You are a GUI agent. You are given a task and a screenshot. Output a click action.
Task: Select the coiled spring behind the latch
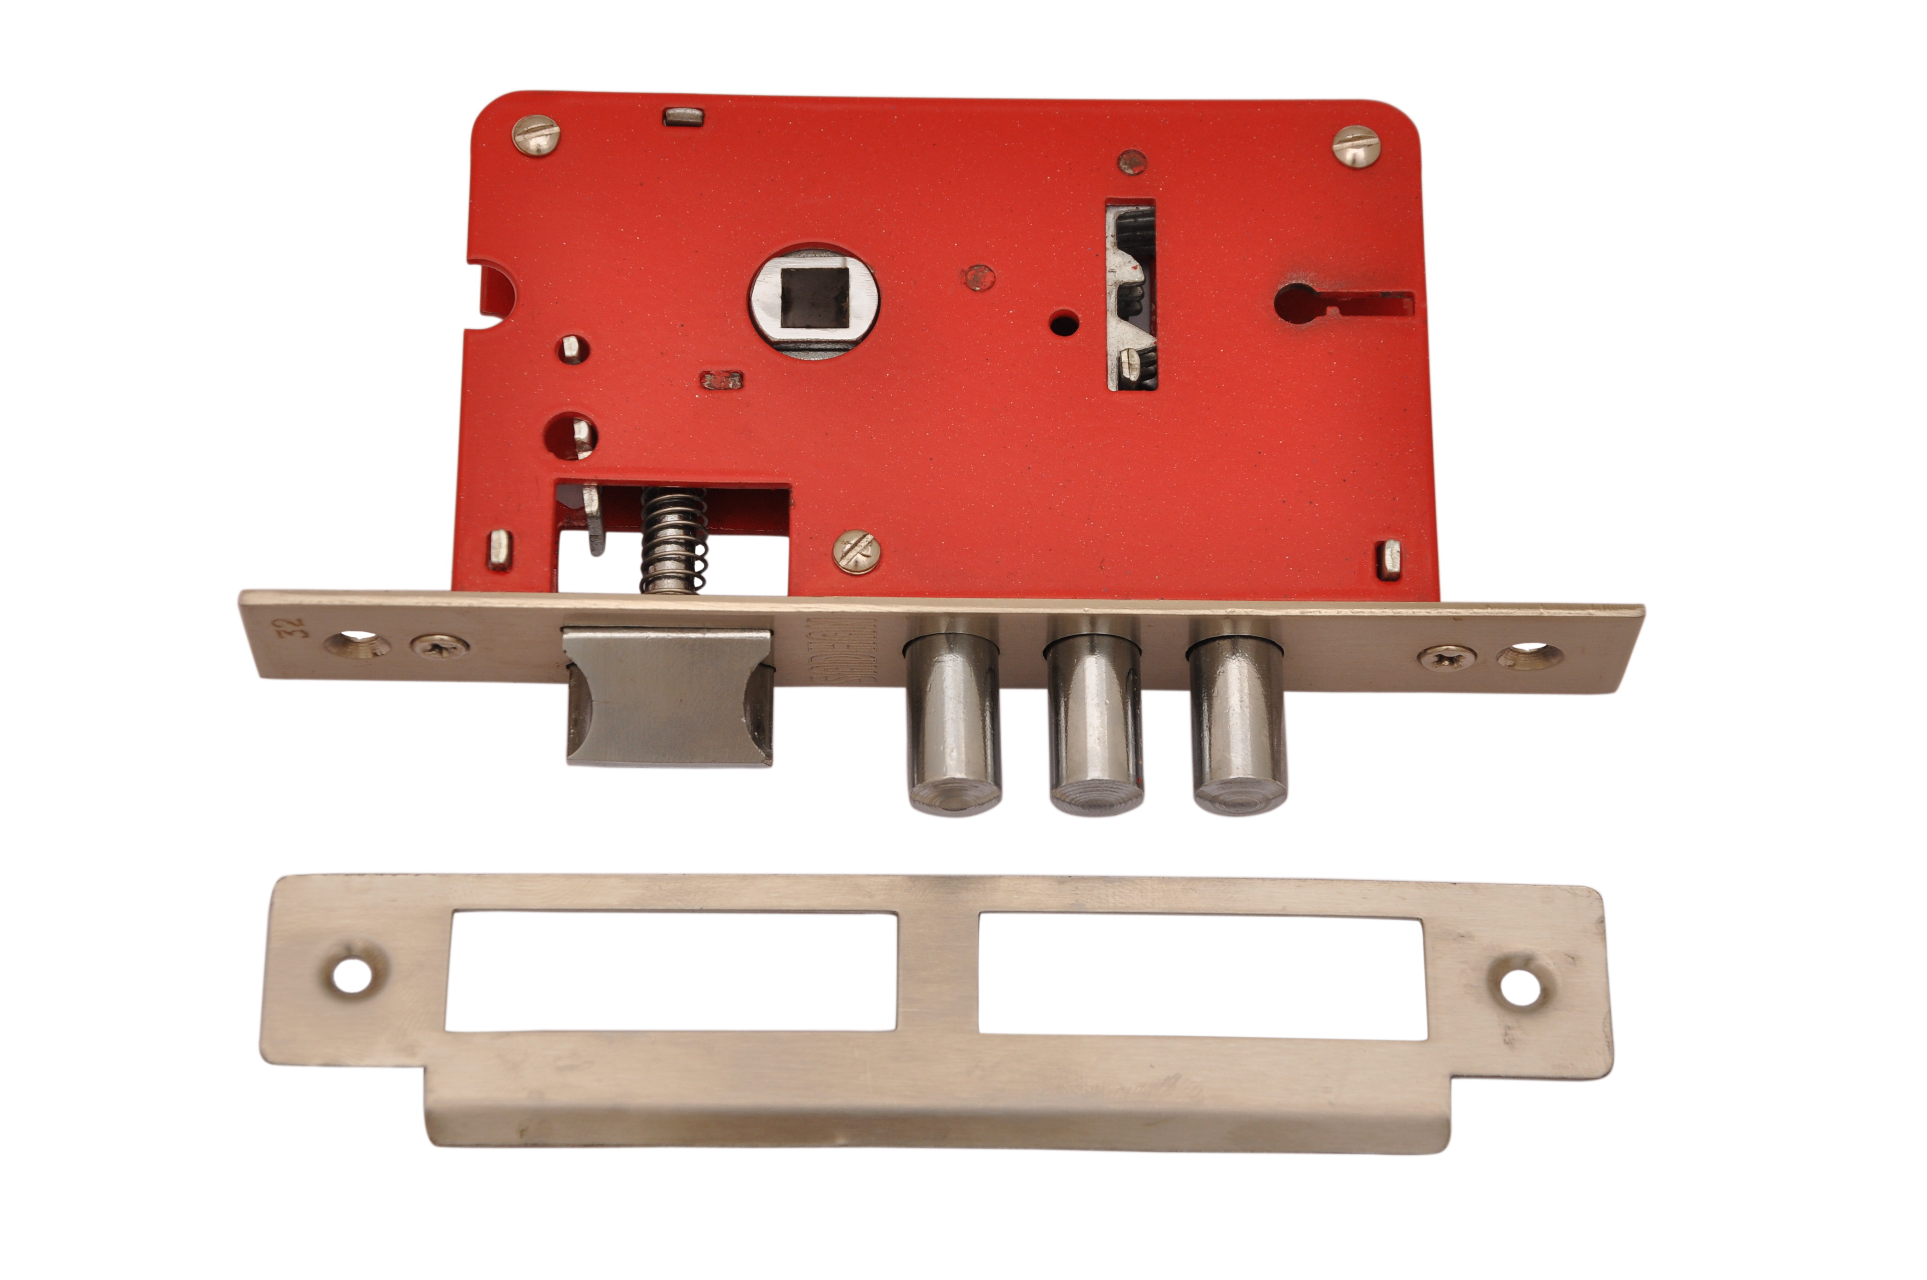[x=673, y=540]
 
